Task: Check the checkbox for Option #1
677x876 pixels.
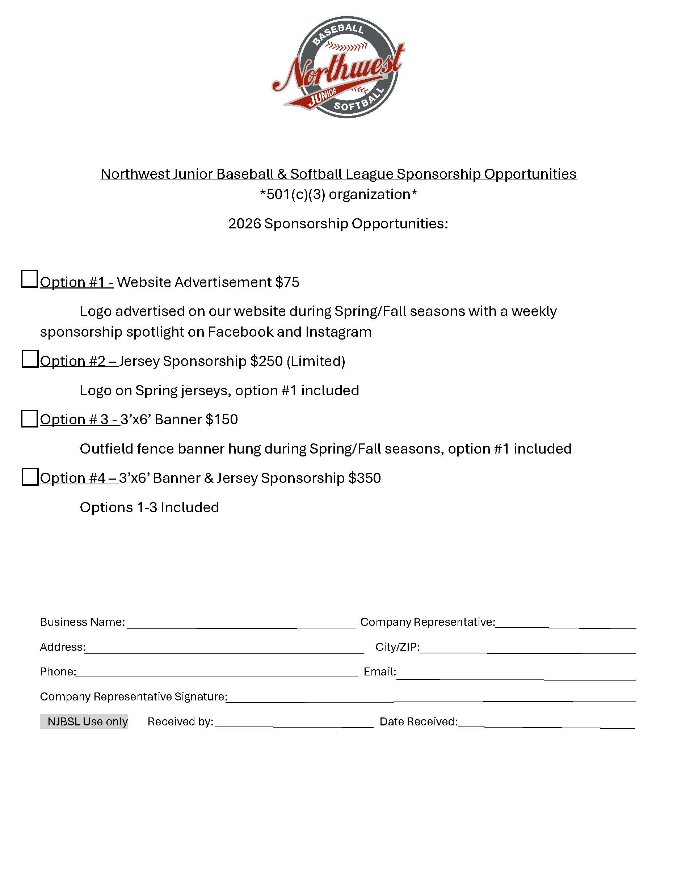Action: point(29,279)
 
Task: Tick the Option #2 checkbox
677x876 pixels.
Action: point(30,359)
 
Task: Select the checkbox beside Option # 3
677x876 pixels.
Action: point(29,418)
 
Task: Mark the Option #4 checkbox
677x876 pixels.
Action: point(30,477)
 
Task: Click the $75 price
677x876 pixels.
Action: point(287,282)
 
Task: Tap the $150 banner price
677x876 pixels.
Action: point(222,420)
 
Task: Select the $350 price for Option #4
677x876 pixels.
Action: point(365,478)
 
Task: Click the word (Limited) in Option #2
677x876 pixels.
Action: point(316,361)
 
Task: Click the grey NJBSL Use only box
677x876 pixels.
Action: point(84,721)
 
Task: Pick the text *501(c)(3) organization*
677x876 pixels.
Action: point(338,194)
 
